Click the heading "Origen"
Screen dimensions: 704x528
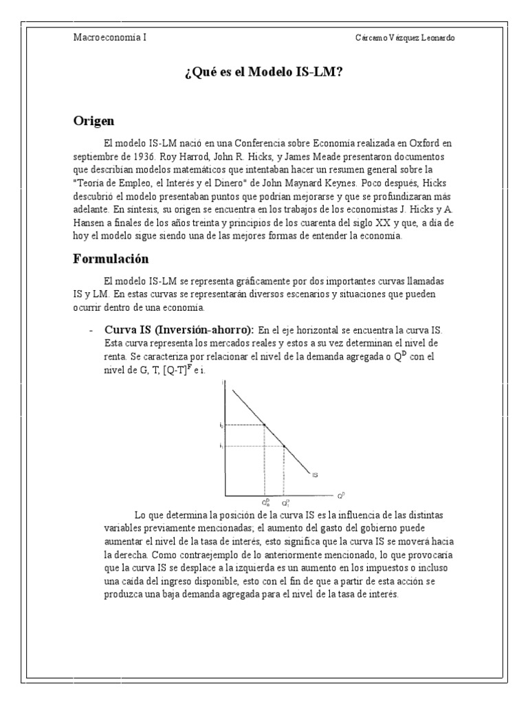click(93, 121)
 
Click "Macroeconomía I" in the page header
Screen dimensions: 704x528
click(110, 37)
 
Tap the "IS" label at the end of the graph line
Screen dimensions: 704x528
click(314, 474)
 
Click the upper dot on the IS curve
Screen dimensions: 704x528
click(265, 425)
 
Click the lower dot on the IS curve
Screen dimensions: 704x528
click(284, 446)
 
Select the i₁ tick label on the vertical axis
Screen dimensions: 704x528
click(221, 446)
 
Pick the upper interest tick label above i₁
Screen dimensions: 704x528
click(221, 425)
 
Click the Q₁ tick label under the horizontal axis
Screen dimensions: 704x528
click(285, 503)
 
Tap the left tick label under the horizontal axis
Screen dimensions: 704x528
click(265, 503)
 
